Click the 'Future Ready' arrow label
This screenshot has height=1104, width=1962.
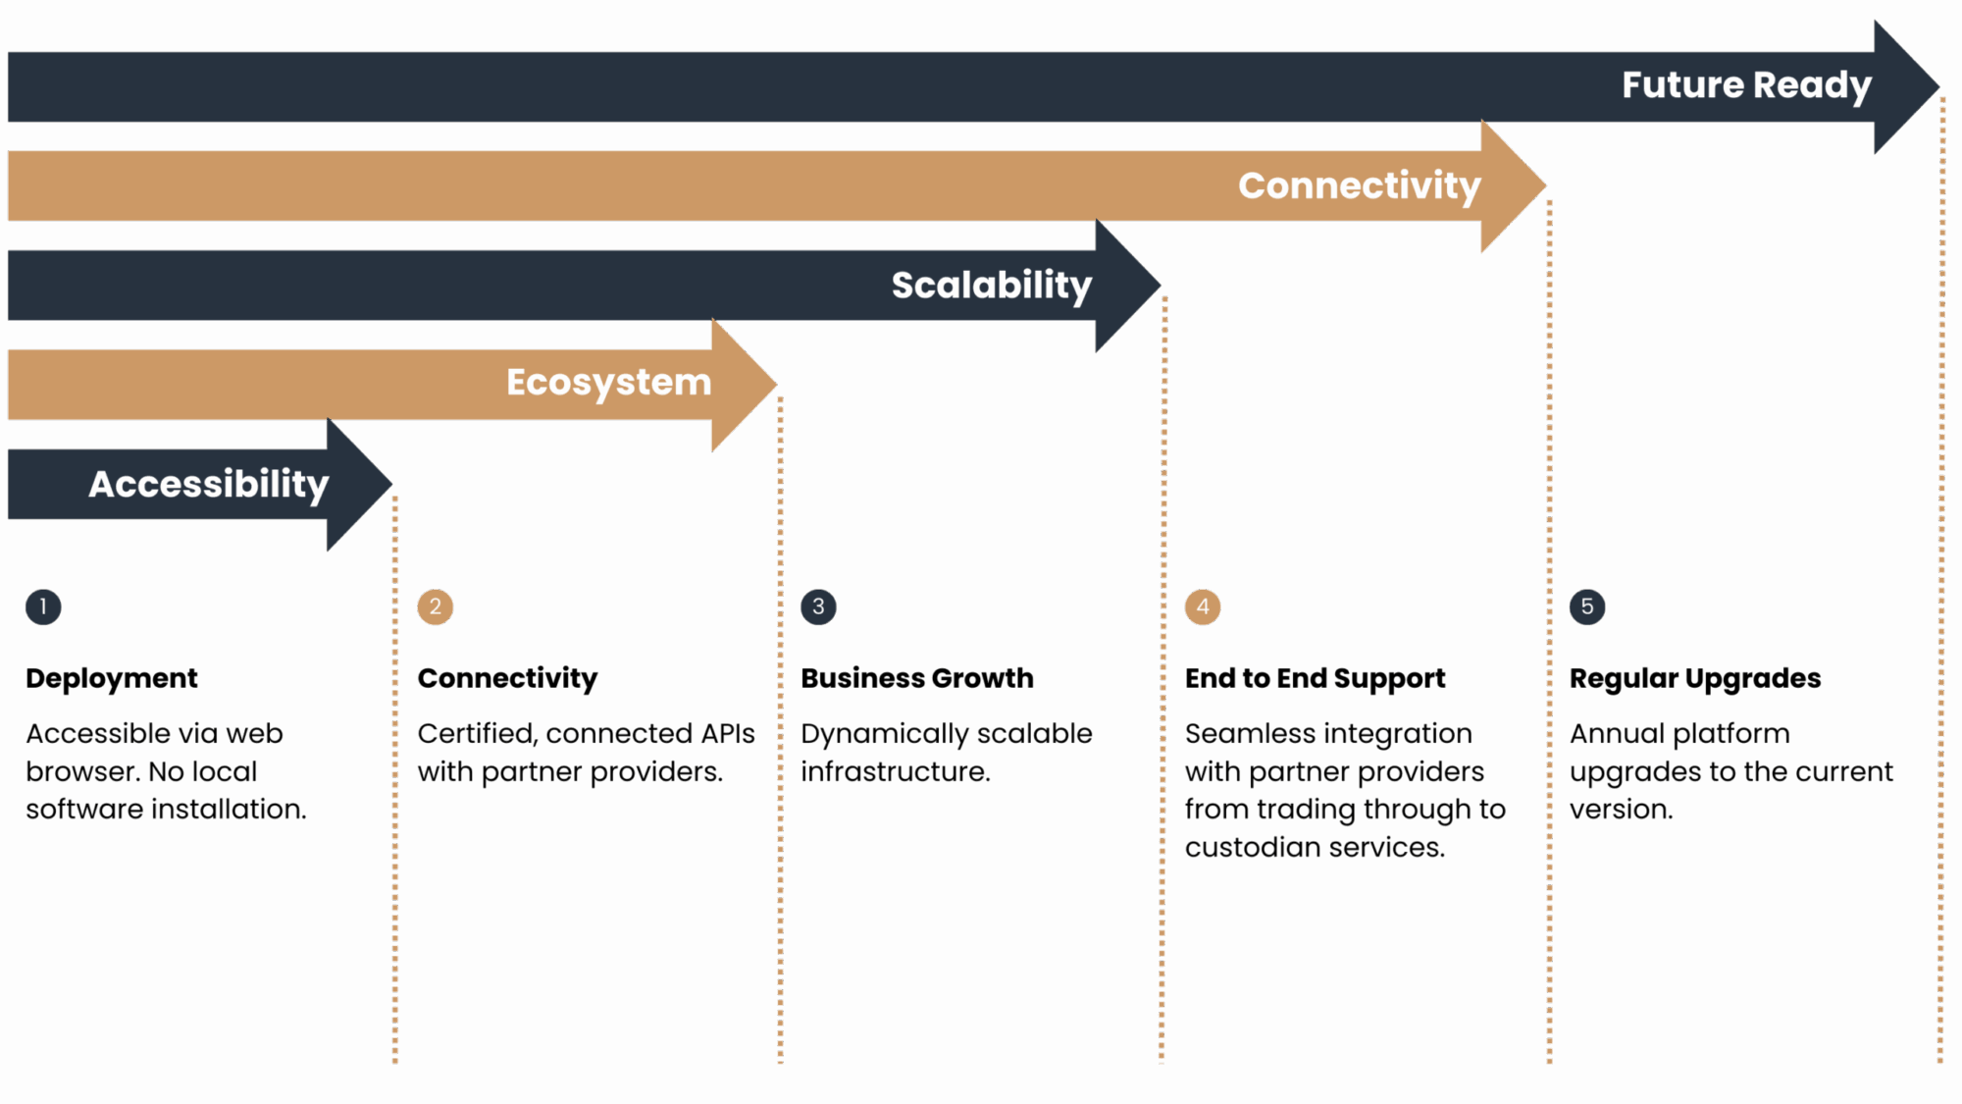1746,85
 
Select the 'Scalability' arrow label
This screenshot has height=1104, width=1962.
991,286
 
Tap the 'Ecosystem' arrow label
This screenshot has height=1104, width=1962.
608,383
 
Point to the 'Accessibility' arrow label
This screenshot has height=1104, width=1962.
208,484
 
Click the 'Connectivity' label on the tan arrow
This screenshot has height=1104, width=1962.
1359,185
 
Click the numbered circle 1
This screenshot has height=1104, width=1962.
43,606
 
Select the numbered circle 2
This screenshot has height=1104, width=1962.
436,606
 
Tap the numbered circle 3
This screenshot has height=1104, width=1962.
818,606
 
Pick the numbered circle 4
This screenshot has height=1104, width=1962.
1203,606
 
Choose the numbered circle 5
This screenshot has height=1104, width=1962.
1587,606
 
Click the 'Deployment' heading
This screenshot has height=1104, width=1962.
112,678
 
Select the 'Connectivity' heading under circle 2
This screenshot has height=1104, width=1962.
507,678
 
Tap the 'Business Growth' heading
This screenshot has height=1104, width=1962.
917,678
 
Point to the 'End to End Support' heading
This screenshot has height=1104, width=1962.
1315,678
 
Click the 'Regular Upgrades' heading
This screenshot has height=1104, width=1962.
1695,678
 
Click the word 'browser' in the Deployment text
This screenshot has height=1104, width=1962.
81,772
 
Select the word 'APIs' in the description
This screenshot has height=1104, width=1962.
728,734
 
